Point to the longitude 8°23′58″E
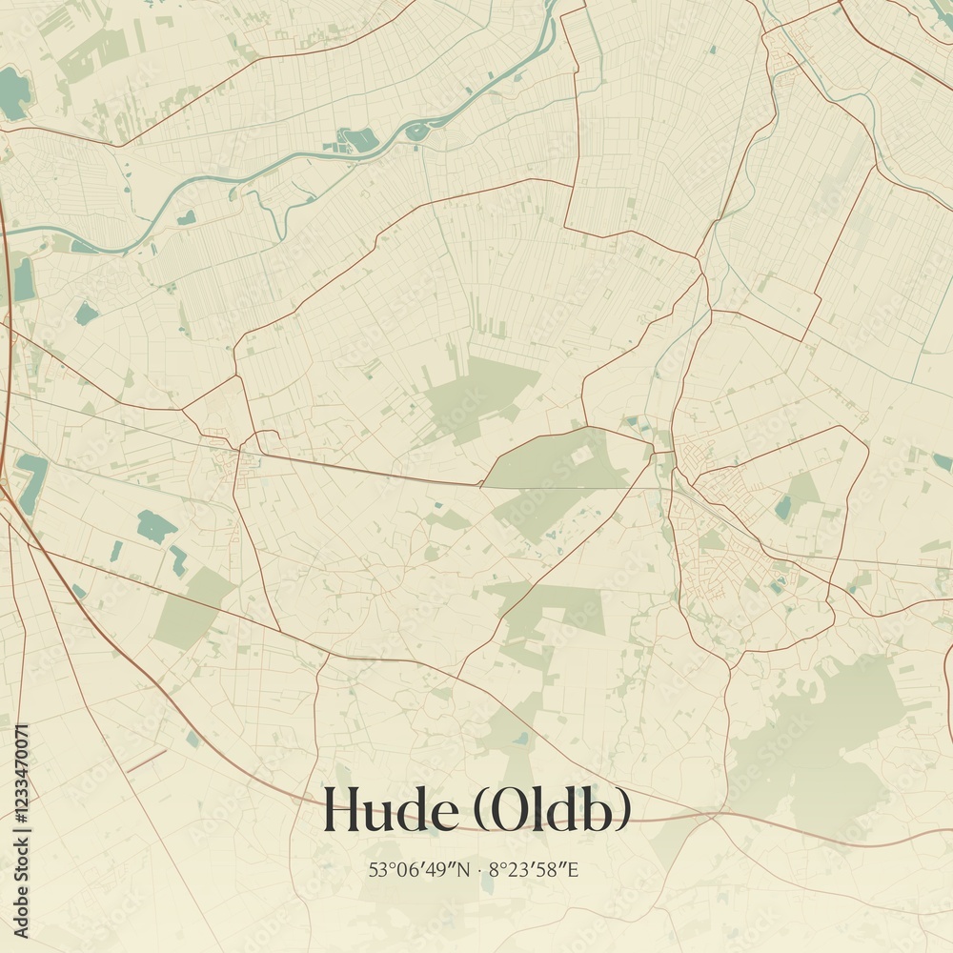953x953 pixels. (534, 869)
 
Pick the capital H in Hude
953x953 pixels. (340, 811)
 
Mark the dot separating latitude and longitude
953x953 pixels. (479, 869)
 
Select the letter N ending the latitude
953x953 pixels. (464, 869)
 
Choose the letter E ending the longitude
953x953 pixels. (574, 869)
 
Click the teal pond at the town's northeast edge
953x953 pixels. (783, 507)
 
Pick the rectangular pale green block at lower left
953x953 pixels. (191, 610)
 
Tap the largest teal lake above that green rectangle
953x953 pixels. (155, 525)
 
